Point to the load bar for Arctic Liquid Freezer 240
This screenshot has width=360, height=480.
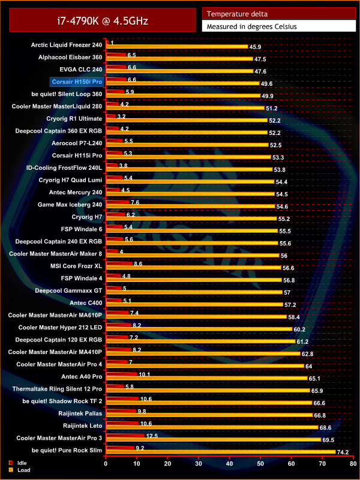pos(176,46)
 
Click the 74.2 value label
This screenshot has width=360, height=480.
pos(343,452)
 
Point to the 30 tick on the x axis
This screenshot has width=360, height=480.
pos(199,464)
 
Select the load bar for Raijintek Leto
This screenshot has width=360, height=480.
pos(212,427)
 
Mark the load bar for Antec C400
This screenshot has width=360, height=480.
pos(194,304)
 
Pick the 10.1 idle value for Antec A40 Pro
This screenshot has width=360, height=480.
pos(144,374)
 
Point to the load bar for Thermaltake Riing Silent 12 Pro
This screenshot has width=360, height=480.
pos(208,390)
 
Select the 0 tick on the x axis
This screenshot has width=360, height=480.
pos(106,464)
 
